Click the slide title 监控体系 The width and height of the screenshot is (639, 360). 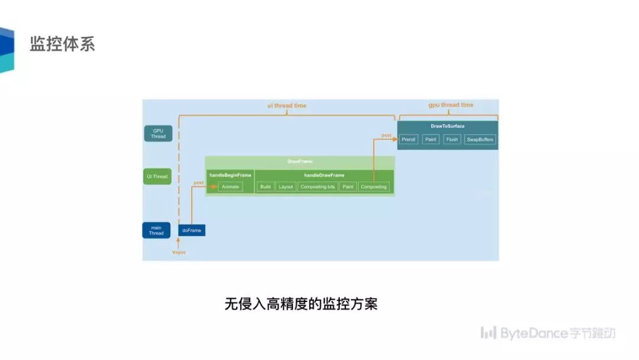62,44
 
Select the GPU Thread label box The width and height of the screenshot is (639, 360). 158,133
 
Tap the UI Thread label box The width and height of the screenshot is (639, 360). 157,176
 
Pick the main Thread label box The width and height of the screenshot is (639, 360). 156,230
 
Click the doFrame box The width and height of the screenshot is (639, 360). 192,230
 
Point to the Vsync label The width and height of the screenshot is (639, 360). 179,252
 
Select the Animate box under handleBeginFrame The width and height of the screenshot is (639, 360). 230,187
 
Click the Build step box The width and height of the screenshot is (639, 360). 265,187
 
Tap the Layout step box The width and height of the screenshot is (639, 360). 286,187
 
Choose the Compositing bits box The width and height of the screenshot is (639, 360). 318,187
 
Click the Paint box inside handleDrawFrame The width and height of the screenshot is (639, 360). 348,187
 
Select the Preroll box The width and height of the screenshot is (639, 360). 409,140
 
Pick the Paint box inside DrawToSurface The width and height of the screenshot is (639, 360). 431,140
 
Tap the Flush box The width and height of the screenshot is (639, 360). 452,140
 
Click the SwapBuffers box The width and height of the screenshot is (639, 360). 479,140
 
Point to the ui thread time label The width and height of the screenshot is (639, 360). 287,105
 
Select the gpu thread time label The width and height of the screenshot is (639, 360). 451,105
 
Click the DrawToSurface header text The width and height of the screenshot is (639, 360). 447,126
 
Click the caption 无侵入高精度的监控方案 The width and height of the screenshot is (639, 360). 301,304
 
